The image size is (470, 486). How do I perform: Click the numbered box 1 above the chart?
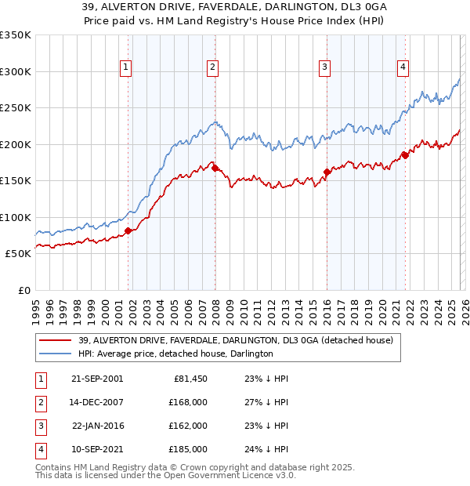tap(125, 68)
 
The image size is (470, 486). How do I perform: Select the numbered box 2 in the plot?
tap(212, 68)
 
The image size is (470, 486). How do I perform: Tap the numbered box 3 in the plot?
tap(324, 68)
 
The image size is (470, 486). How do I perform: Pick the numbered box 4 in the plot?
tap(403, 68)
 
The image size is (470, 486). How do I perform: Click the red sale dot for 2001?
tap(128, 230)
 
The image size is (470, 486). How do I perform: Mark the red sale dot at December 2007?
tap(214, 168)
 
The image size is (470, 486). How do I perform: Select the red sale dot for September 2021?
tap(405, 155)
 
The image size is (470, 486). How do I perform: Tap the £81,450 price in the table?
tap(189, 378)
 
